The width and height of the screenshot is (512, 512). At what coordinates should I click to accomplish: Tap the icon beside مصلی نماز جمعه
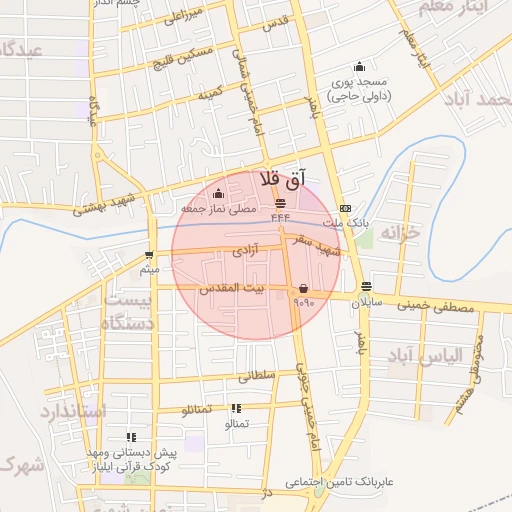219,193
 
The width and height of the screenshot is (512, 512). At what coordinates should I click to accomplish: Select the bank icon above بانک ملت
345,208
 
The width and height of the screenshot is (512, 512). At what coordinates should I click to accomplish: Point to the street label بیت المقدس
235,288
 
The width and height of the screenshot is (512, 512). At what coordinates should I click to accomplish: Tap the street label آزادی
245,245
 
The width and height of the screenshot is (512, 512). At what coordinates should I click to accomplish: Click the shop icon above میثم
149,255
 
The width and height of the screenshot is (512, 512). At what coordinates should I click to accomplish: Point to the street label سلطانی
255,377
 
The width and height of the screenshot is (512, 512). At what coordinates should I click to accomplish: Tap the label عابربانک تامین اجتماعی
336,483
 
